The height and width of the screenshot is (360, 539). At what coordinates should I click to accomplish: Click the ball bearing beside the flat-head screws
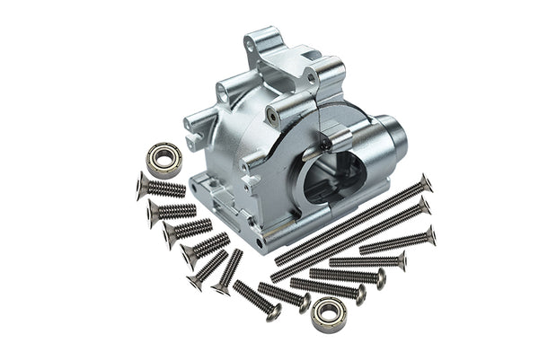[164, 158]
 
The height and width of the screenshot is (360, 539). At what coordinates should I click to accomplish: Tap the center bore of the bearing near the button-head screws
[329, 314]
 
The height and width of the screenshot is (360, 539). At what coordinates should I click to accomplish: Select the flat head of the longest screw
[425, 182]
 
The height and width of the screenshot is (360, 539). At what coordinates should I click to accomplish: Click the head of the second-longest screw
[424, 206]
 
